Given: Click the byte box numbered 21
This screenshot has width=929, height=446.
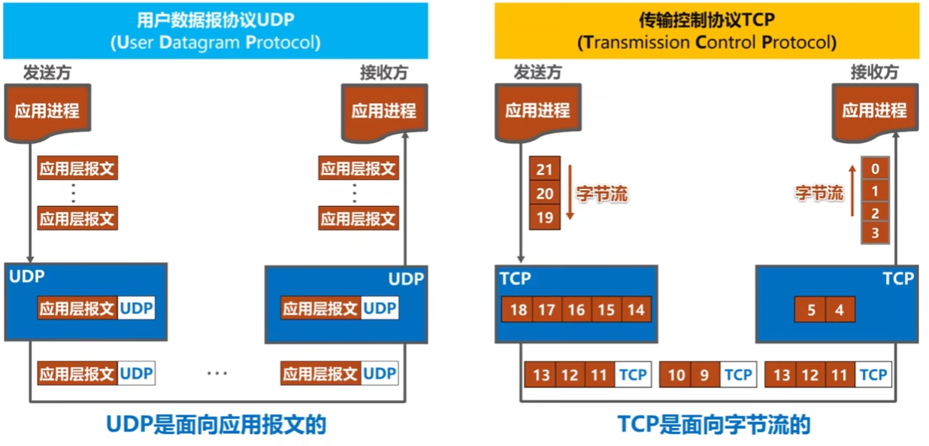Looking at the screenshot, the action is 544,168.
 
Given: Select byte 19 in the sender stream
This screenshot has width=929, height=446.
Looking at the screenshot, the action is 544,217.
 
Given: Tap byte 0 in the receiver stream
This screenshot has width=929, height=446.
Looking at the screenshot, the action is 875,168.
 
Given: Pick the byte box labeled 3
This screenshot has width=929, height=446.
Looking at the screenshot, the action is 875,232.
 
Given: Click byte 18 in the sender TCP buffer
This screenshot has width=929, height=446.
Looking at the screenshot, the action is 517,310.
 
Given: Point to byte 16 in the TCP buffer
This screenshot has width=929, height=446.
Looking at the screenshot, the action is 576,310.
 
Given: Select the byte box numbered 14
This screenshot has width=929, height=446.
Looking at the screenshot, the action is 636,310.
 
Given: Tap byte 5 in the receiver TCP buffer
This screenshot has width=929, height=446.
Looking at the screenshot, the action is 810,310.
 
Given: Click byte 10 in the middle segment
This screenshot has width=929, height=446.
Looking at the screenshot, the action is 675,375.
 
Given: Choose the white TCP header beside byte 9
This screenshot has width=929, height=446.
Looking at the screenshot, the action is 738,375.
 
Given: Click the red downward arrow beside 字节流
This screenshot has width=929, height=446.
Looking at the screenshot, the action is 570,192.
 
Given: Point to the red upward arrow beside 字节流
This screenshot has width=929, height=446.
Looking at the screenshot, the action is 852,190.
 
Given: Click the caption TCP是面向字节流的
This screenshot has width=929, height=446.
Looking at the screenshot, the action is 714,424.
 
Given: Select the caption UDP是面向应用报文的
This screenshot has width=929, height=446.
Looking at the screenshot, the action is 216,424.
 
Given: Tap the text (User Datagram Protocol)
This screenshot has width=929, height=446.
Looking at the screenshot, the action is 216,42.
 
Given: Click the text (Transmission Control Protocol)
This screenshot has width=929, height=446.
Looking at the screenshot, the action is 707,42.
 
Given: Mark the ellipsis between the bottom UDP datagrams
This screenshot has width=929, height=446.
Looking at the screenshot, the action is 217,373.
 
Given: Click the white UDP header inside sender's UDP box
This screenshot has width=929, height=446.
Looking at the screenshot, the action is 137,308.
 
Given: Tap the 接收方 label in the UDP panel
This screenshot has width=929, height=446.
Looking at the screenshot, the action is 384,73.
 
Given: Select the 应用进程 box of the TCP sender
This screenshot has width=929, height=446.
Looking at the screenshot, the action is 538,111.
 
